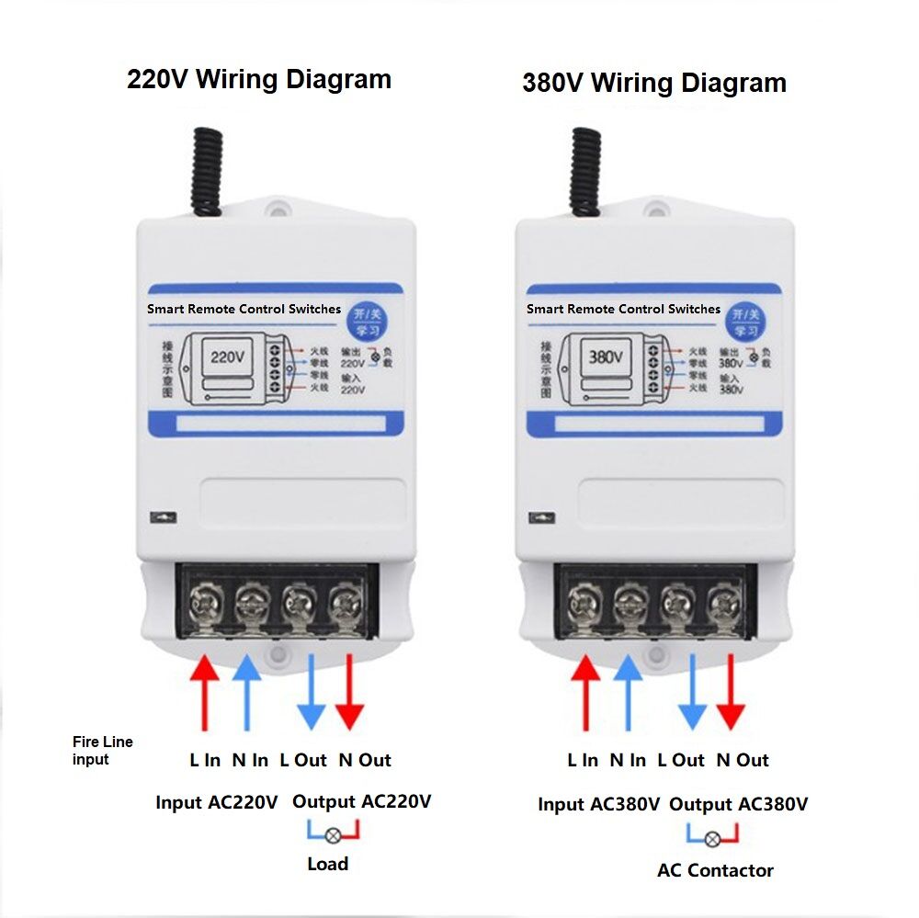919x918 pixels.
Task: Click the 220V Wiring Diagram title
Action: click(x=259, y=79)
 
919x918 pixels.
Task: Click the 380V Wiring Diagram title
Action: click(x=653, y=83)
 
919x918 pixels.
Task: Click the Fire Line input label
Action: click(x=102, y=750)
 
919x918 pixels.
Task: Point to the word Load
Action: click(x=327, y=864)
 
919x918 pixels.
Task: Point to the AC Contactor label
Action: click(x=715, y=870)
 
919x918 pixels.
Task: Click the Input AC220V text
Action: click(x=216, y=802)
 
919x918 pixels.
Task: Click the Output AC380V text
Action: click(x=738, y=804)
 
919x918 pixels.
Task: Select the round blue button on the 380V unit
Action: click(x=744, y=323)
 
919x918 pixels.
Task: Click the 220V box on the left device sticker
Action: click(x=227, y=357)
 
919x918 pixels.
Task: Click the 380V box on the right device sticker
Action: click(x=606, y=357)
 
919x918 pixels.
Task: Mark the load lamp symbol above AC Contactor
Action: click(x=712, y=838)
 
